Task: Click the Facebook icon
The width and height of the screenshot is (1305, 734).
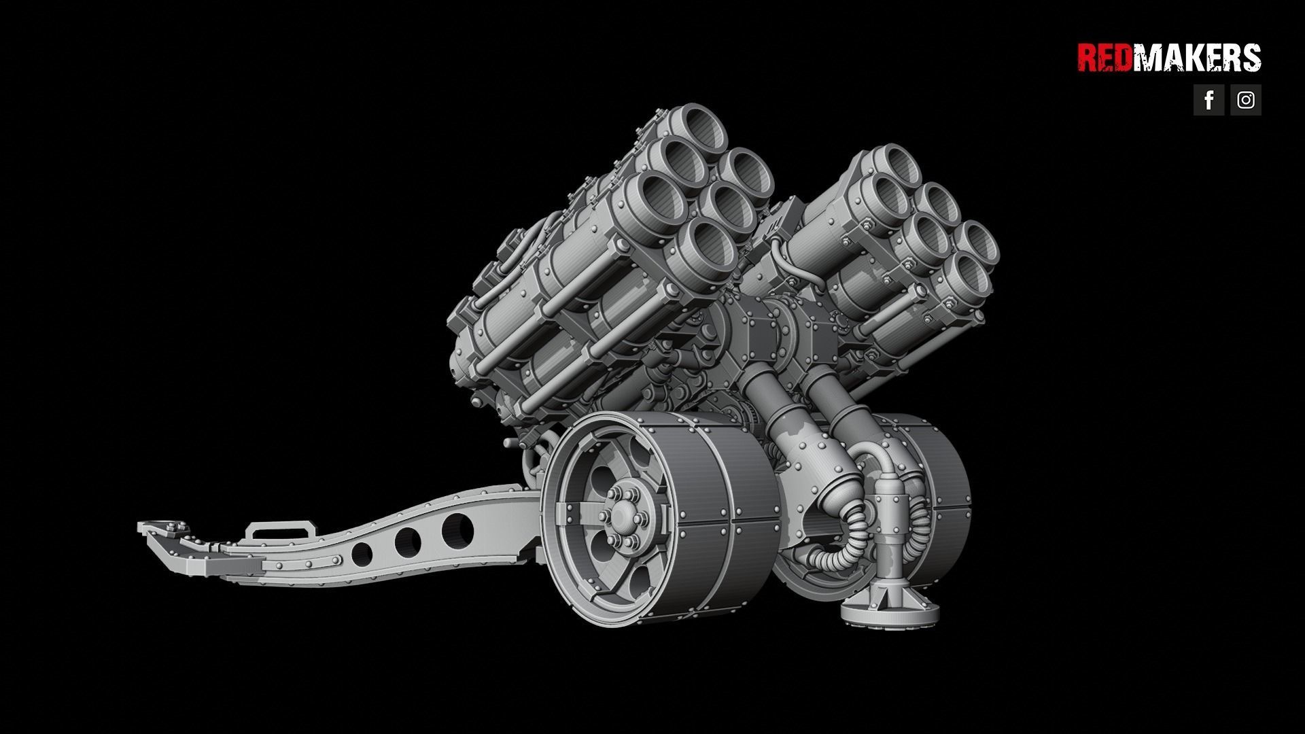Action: click(x=1208, y=100)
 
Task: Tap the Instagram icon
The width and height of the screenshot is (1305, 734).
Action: click(x=1245, y=100)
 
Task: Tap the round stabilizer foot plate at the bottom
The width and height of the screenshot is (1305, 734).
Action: click(x=890, y=612)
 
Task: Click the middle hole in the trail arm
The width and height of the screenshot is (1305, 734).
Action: click(x=408, y=542)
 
